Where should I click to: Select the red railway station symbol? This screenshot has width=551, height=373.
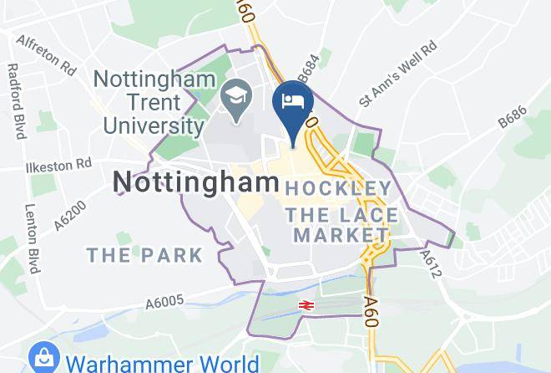tap(306, 306)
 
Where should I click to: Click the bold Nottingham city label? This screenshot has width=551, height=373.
tap(197, 181)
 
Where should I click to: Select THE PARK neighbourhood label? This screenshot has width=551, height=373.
tap(145, 254)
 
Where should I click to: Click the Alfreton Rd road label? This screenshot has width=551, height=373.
tap(47, 52)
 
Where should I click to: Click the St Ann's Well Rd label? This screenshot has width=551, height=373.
tap(398, 74)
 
